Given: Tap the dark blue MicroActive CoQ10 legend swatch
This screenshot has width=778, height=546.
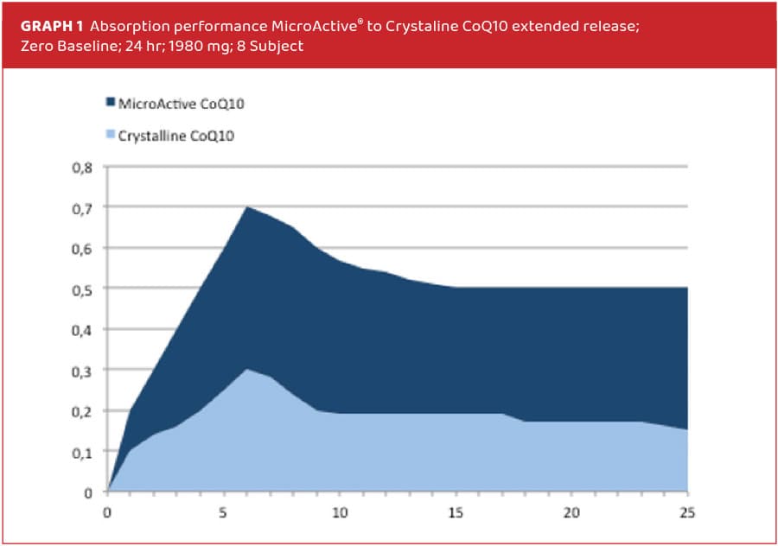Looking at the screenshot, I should click(110, 103).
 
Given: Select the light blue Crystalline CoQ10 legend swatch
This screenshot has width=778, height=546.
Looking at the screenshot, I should click(110, 135).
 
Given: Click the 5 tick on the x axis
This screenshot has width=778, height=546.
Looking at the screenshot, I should click(224, 511).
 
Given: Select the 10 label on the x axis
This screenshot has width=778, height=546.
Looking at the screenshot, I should click(339, 511).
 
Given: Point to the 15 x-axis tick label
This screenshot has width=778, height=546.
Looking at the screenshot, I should click(455, 511).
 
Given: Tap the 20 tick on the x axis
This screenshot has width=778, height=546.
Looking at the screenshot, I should click(571, 511).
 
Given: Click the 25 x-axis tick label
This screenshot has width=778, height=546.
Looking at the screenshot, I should click(686, 511).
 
